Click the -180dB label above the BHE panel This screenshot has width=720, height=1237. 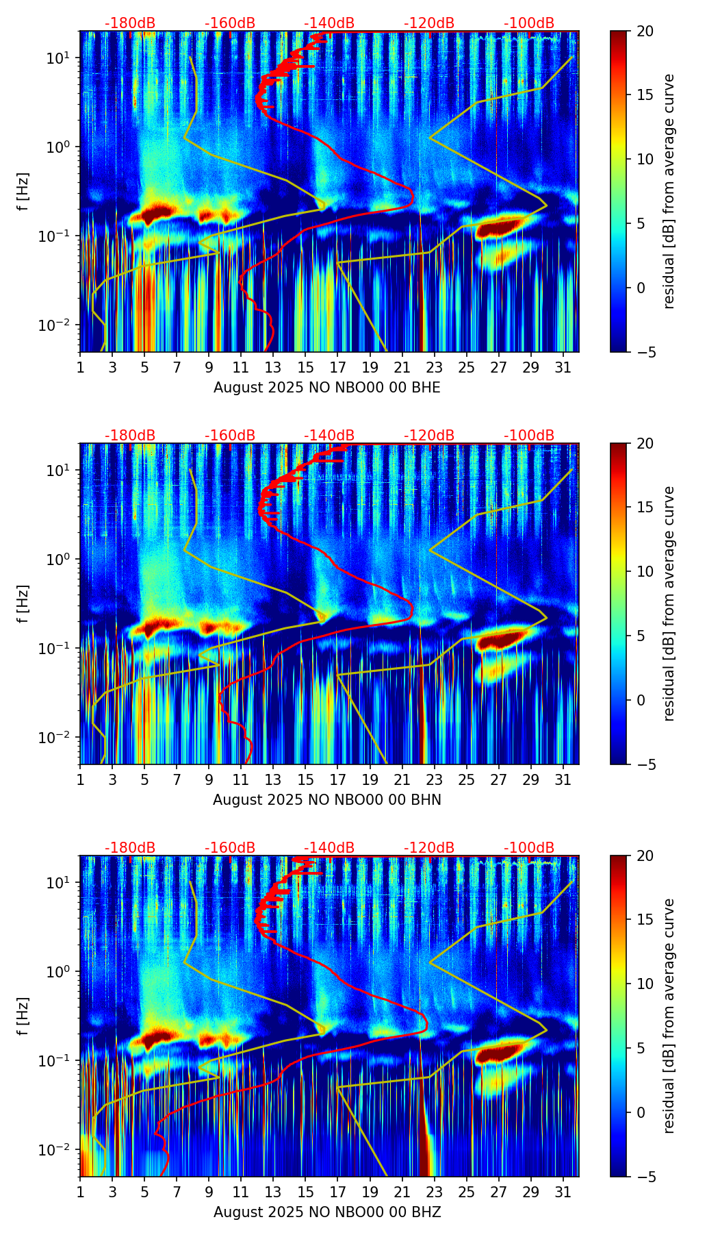130,23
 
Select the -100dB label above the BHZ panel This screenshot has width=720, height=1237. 529,848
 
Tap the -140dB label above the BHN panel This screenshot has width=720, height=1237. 329,436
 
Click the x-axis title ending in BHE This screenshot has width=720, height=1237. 327,388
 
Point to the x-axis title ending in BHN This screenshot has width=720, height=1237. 327,800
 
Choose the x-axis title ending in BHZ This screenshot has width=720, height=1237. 327,1212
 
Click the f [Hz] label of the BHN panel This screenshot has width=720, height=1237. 23,603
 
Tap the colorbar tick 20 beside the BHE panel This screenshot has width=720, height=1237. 645,32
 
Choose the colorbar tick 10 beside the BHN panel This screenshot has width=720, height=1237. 645,571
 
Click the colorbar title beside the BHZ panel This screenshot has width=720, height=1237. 669,1016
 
